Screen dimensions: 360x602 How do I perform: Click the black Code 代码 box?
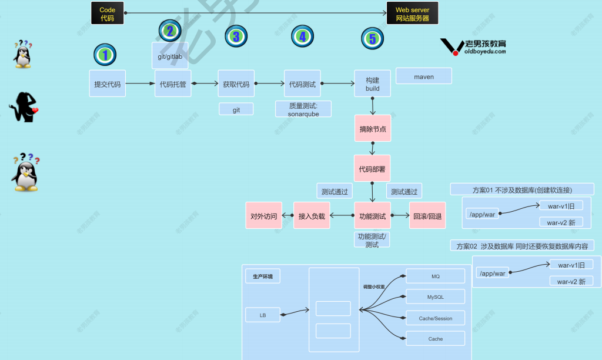tap(107, 14)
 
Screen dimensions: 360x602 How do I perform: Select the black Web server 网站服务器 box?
tap(412, 14)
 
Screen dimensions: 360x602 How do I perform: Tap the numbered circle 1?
tap(105, 55)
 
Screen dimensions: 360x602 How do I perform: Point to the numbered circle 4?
tap(302, 36)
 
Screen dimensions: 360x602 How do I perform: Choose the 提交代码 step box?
tap(108, 84)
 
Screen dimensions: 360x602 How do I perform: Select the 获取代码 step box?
tap(236, 84)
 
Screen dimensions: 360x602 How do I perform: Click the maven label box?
tap(424, 76)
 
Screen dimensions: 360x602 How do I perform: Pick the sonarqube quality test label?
tap(303, 109)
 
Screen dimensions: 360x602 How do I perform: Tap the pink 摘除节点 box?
tap(373, 129)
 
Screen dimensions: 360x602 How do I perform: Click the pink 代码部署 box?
tap(372, 169)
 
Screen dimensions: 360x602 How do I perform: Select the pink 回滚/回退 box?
tap(427, 216)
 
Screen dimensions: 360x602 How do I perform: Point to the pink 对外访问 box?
tap(263, 216)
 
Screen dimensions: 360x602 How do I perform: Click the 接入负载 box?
tap(312, 216)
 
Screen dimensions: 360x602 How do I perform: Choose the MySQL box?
tap(435, 296)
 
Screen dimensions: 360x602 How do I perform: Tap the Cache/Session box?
tap(435, 318)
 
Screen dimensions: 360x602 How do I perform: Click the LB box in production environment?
tap(263, 315)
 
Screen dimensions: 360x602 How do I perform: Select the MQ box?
tap(435, 276)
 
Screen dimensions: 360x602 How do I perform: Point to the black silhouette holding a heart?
tap(24, 108)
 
